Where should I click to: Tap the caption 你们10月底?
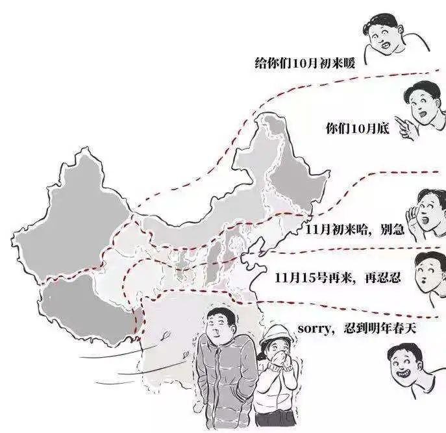coord(357,129)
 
